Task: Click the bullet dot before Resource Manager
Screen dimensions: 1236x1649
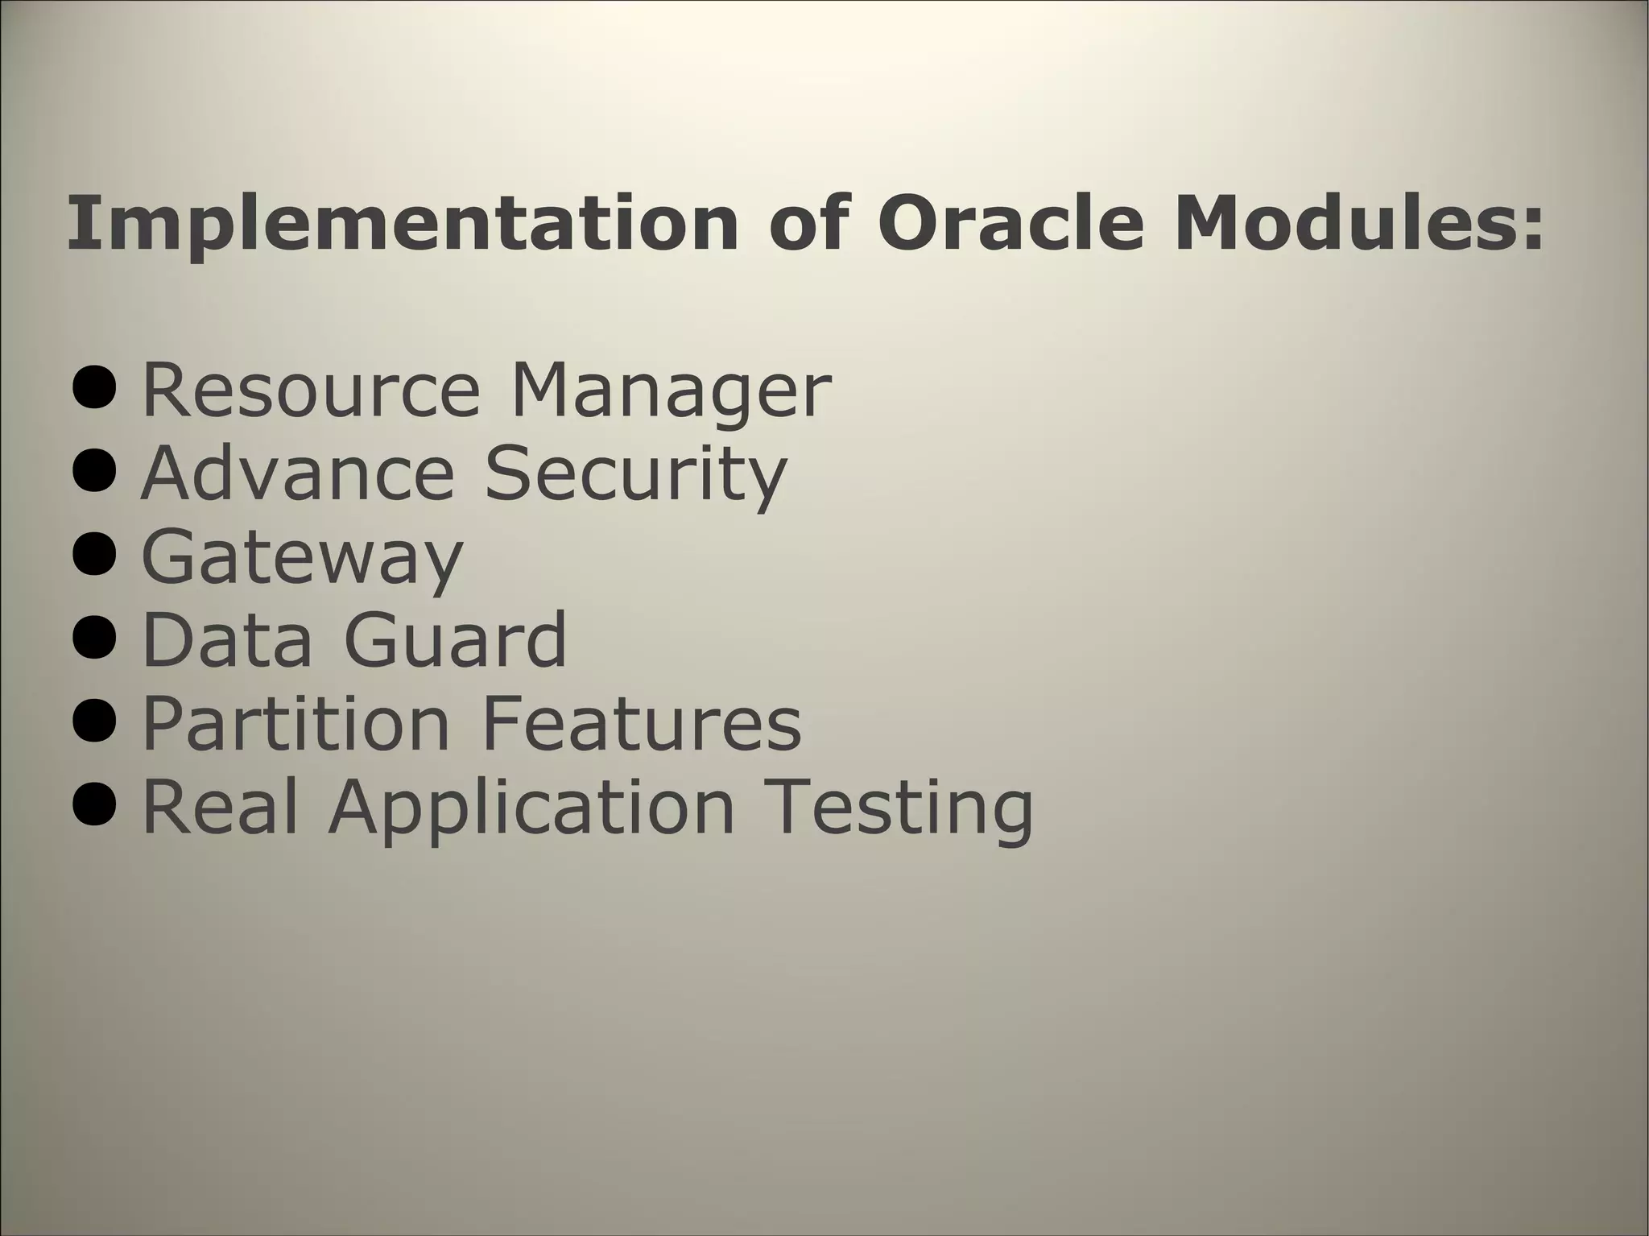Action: (x=94, y=391)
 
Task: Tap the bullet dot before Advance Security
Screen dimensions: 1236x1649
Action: (x=94, y=473)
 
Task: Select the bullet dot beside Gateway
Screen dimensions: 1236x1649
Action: (x=94, y=557)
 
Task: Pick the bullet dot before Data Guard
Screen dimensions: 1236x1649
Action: (x=94, y=639)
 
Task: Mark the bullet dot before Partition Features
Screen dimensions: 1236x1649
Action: (x=94, y=723)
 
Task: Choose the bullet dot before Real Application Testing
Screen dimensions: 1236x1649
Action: (x=94, y=806)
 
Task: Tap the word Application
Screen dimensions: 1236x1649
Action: (x=531, y=809)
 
